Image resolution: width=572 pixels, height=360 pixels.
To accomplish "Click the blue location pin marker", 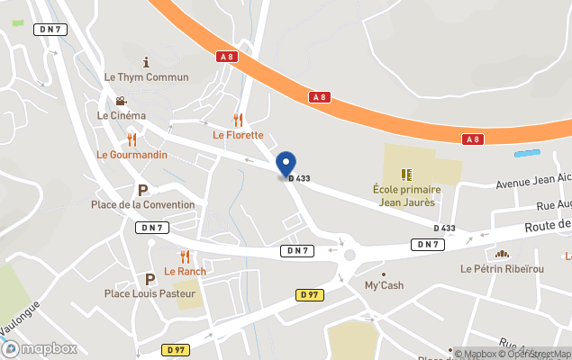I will [286, 164].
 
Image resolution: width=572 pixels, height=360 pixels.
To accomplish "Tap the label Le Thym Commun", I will [147, 77].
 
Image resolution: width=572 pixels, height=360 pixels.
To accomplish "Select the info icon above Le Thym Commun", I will [147, 61].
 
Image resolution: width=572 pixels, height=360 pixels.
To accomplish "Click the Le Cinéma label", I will [122, 115].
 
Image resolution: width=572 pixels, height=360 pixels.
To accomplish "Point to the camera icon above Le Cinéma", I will [122, 101].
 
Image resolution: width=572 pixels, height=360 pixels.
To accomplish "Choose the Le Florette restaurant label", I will [238, 135].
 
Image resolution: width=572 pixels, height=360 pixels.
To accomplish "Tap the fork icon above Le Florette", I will [238, 119].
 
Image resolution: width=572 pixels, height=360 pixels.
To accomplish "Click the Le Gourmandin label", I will [132, 155].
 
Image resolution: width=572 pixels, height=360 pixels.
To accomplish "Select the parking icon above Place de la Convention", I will [142, 190].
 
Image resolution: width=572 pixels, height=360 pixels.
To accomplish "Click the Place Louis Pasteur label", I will [150, 293].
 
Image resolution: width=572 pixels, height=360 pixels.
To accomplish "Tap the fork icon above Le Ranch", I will [185, 256].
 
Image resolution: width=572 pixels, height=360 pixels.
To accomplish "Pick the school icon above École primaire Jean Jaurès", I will [406, 173].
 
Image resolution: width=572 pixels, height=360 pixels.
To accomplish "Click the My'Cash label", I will [384, 286].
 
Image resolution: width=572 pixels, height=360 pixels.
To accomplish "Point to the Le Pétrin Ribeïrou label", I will [502, 269].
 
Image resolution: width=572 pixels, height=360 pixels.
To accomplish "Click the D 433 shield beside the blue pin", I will [300, 178].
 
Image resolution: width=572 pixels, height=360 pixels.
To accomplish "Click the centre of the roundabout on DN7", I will [350, 256].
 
